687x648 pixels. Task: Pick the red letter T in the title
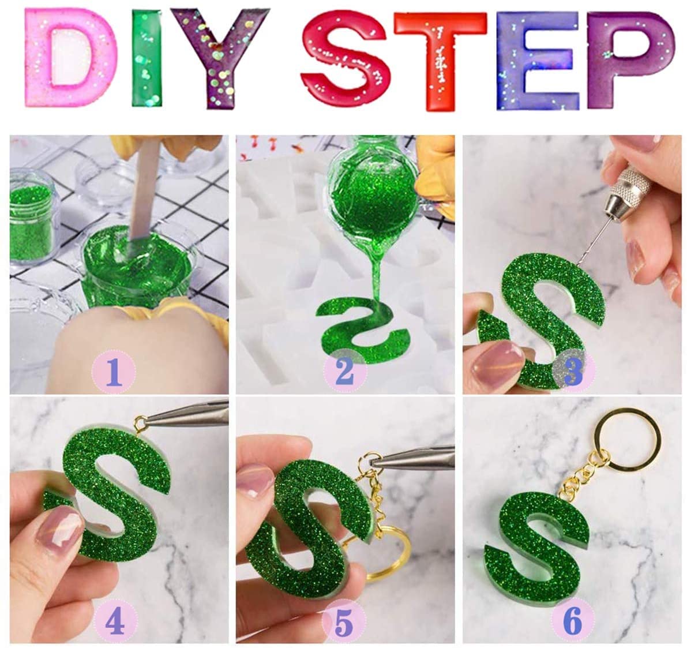(x=440, y=61)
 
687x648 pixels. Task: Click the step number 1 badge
(x=114, y=371)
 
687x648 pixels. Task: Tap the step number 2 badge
(x=345, y=371)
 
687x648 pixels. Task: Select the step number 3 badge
(x=574, y=371)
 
